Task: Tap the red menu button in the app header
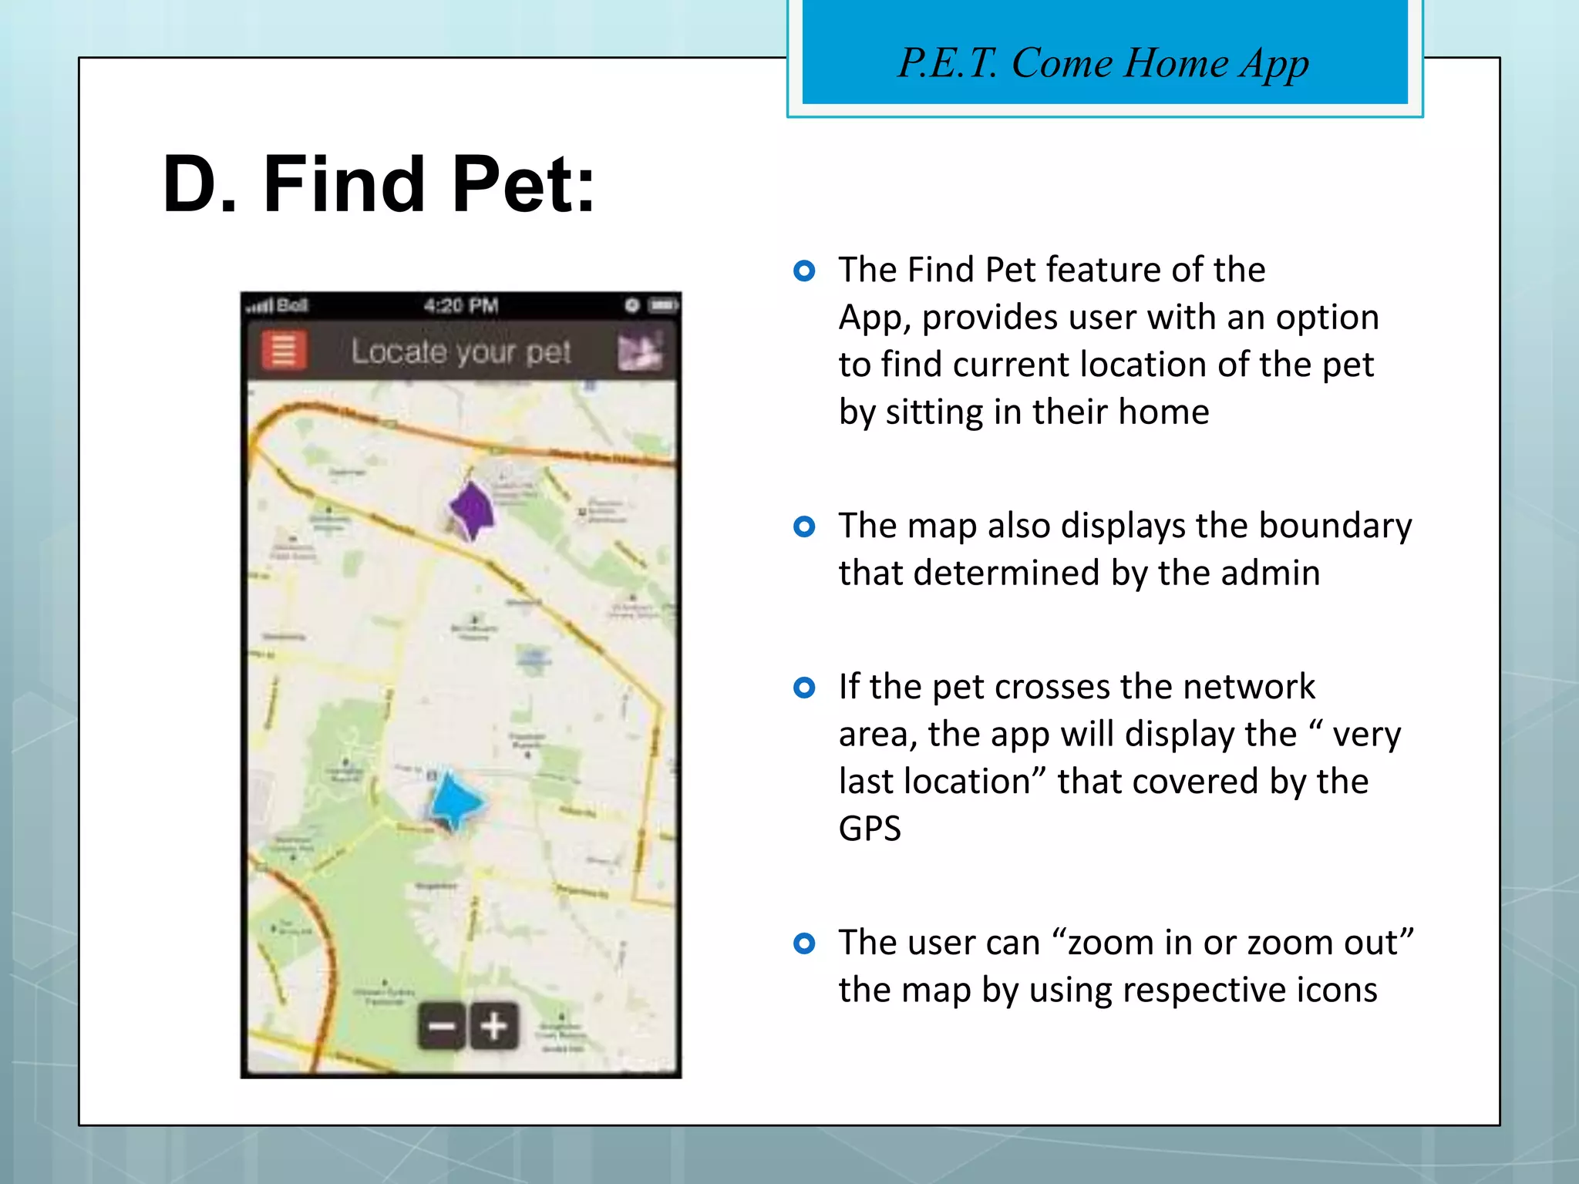(x=284, y=351)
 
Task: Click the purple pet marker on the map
(x=472, y=510)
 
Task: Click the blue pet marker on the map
(x=455, y=802)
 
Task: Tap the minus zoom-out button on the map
(x=442, y=1026)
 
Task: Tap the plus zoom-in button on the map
(x=493, y=1026)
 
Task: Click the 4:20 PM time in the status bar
(x=461, y=306)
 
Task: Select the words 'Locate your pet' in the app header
(x=461, y=352)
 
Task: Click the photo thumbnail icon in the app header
(x=640, y=352)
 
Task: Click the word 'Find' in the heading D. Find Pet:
(x=343, y=185)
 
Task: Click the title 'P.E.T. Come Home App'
(x=1103, y=63)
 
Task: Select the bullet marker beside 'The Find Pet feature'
(x=804, y=271)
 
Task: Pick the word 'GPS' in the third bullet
(x=870, y=829)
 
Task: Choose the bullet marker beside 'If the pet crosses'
(x=804, y=688)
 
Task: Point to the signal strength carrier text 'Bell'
(x=291, y=306)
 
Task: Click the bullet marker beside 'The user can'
(x=804, y=943)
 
